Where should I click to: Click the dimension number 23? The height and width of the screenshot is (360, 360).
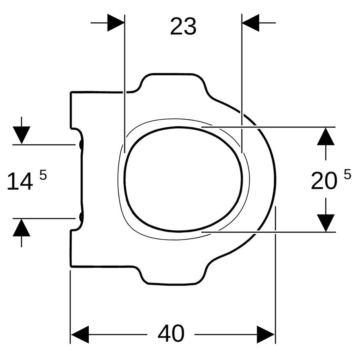pos(183,27)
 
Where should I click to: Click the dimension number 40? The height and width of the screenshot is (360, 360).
pos(171,333)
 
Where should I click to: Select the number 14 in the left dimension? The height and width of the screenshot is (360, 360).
pos(20,182)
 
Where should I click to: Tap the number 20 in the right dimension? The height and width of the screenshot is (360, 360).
pos(324,181)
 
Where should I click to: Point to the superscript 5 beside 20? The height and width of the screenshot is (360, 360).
pos(348,174)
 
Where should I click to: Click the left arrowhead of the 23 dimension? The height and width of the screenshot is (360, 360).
pos(116,23)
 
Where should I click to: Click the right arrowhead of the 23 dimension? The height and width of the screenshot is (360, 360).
pos(250,23)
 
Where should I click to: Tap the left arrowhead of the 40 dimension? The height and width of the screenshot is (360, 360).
pos(80,334)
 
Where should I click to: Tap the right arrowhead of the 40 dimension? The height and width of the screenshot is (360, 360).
pos(266,334)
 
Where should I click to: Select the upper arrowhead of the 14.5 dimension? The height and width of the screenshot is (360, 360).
pos(22,135)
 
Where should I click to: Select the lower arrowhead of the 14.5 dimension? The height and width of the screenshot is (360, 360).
pos(22,228)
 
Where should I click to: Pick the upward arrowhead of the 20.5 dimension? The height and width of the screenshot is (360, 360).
pos(326,136)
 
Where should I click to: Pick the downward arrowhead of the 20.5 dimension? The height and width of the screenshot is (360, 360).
pos(326,223)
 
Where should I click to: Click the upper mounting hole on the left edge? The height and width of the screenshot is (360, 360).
pos(81,144)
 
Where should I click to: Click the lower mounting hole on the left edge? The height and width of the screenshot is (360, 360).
pos(81,217)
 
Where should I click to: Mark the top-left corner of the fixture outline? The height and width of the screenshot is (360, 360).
pos(71,92)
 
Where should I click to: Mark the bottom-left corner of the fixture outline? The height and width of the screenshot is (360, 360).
pos(71,266)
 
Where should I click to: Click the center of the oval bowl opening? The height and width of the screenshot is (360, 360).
pos(183,179)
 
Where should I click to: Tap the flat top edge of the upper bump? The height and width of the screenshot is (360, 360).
pos(172,74)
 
